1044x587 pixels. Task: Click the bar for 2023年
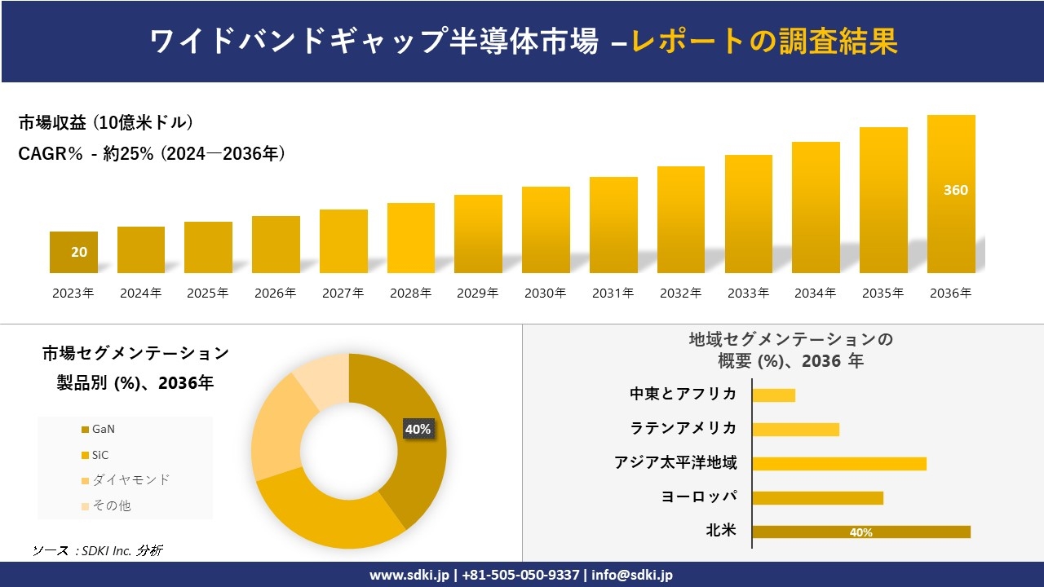(73, 253)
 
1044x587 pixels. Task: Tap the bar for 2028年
(410, 238)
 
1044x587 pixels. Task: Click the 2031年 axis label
(613, 293)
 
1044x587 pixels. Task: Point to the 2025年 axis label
(208, 293)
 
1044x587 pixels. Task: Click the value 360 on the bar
(955, 190)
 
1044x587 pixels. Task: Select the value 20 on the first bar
(79, 252)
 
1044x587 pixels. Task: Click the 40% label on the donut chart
(418, 429)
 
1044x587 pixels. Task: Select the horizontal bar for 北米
(860, 532)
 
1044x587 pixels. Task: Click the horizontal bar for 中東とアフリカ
(773, 395)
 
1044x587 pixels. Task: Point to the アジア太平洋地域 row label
(675, 463)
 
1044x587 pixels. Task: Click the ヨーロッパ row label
(699, 497)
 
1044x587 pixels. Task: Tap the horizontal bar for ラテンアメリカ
(795, 430)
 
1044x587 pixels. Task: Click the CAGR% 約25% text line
(152, 154)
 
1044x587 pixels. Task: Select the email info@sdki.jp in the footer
(632, 575)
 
